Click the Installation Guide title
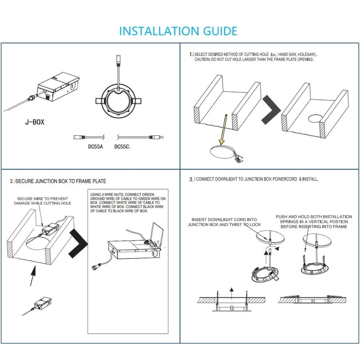[x=178, y=31]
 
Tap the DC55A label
[x=95, y=146]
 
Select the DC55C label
[x=122, y=146]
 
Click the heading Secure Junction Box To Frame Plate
[x=58, y=181]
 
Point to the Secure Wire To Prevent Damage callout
[x=42, y=201]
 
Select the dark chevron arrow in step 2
[x=78, y=244]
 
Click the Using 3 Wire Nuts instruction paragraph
[x=127, y=202]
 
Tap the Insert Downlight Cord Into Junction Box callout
[x=224, y=222]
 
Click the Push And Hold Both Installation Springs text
[x=314, y=221]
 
